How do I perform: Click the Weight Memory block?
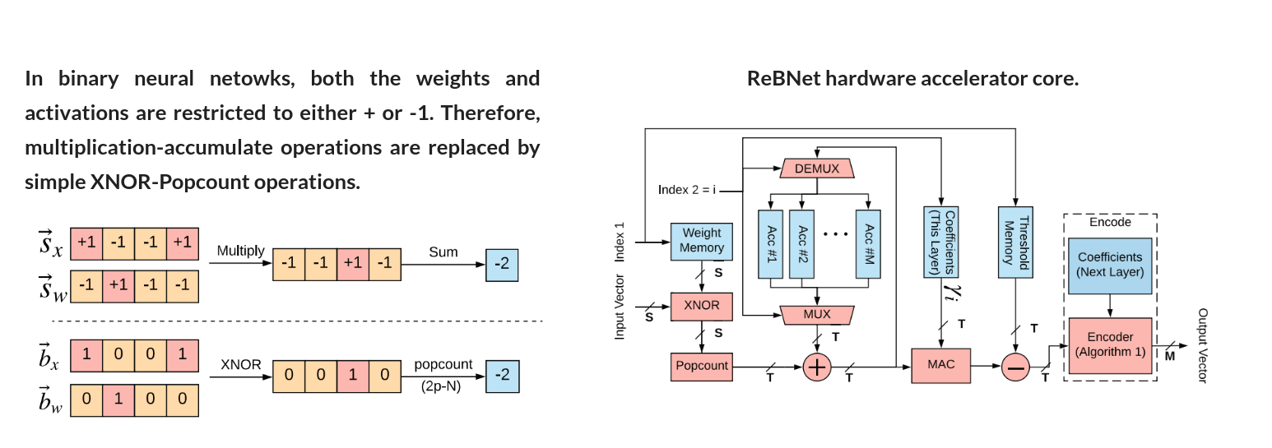(x=701, y=241)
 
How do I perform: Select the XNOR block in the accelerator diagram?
(x=701, y=305)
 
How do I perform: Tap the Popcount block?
(x=701, y=366)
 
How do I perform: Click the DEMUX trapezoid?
(x=816, y=169)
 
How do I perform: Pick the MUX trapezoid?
(x=816, y=314)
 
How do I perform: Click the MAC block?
(x=941, y=364)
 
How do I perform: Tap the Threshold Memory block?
(x=1014, y=240)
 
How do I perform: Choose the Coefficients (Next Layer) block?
(x=1110, y=264)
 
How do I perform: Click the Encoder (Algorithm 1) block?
(x=1110, y=344)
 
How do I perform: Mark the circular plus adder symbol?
(x=817, y=367)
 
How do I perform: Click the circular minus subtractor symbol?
(x=1015, y=367)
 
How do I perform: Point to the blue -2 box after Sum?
(x=502, y=265)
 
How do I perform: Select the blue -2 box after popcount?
(x=502, y=375)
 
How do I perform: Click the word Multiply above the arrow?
(x=240, y=251)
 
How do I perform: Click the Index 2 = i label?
(x=687, y=190)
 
